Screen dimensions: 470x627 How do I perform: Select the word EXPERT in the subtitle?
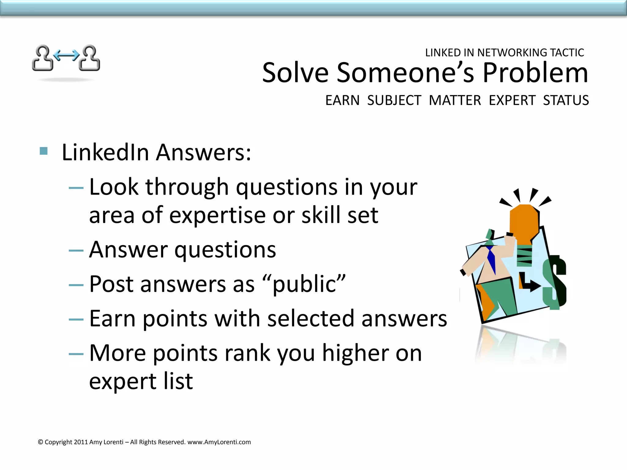tap(512, 100)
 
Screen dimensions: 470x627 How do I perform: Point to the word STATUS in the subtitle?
tap(566, 100)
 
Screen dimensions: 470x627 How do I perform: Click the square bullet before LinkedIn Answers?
tap(44, 151)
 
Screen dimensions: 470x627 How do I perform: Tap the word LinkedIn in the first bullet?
tap(105, 152)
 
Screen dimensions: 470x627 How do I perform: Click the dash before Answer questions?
tap(76, 251)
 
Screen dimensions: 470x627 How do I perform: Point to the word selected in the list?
tap(310, 319)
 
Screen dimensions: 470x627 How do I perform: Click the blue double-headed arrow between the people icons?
tap(66, 55)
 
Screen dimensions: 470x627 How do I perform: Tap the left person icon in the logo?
tap(43, 58)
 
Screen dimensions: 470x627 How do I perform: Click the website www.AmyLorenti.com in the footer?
tap(219, 442)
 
